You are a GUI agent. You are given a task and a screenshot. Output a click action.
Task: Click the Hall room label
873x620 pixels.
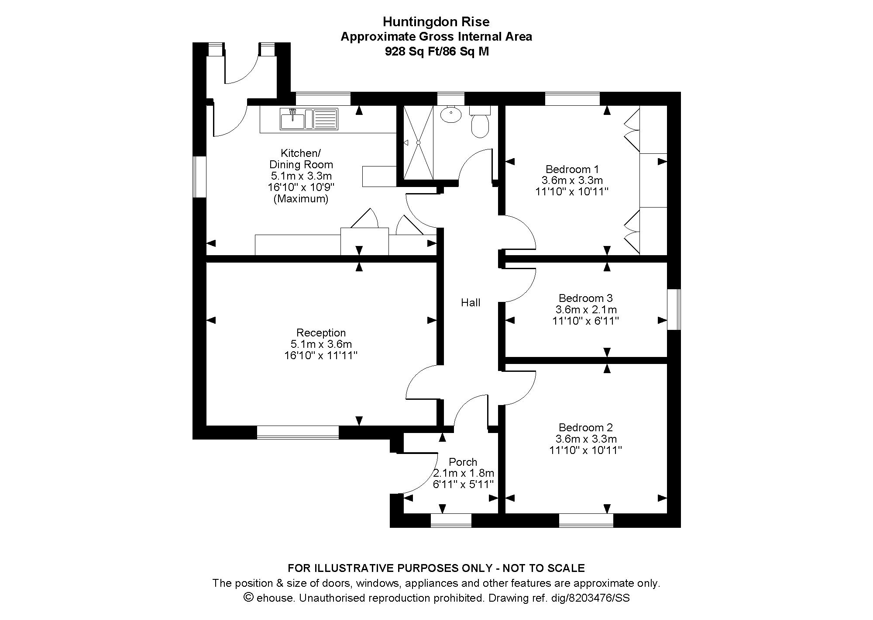[471, 302]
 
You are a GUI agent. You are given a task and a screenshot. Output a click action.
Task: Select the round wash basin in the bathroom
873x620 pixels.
[450, 115]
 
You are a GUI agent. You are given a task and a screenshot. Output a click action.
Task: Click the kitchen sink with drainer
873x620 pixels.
[309, 119]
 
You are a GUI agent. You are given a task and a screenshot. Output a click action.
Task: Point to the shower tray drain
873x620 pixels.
[418, 142]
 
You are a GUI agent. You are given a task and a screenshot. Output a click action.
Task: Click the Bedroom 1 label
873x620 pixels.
[572, 169]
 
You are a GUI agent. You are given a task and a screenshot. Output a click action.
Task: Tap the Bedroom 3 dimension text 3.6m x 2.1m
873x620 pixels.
[586, 310]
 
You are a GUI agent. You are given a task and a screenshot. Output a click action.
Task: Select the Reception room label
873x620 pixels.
[321, 333]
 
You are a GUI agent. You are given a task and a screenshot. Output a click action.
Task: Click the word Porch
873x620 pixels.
[463, 462]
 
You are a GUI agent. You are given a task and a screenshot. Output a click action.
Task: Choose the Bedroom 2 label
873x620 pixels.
[585, 427]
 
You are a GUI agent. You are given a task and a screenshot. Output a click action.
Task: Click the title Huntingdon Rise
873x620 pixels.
[436, 21]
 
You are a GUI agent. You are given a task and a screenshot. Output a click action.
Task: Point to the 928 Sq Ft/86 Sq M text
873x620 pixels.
[436, 52]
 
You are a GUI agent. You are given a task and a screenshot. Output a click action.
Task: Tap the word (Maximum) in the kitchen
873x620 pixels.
[301, 199]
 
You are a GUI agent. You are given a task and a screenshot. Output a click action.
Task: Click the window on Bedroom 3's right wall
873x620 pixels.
[674, 309]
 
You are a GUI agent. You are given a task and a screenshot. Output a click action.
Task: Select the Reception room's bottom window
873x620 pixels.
[298, 432]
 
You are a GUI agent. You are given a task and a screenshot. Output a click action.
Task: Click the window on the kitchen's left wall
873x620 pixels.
[199, 177]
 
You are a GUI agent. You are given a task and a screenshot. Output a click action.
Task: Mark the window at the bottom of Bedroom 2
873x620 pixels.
[586, 520]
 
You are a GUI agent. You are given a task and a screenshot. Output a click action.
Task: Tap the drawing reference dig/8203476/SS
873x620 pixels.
[598, 598]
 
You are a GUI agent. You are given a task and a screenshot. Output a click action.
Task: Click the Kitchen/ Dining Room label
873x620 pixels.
[301, 159]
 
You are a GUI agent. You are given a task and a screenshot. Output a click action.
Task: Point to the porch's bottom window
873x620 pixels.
[451, 520]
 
